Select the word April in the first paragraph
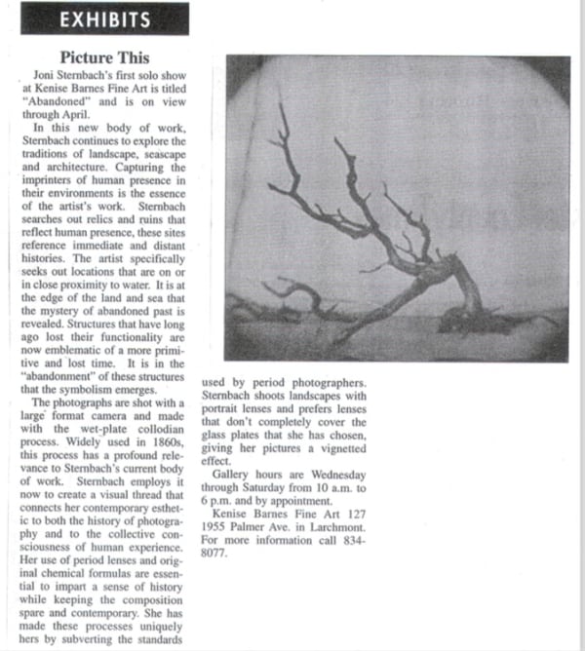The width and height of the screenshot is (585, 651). pos(99,111)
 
